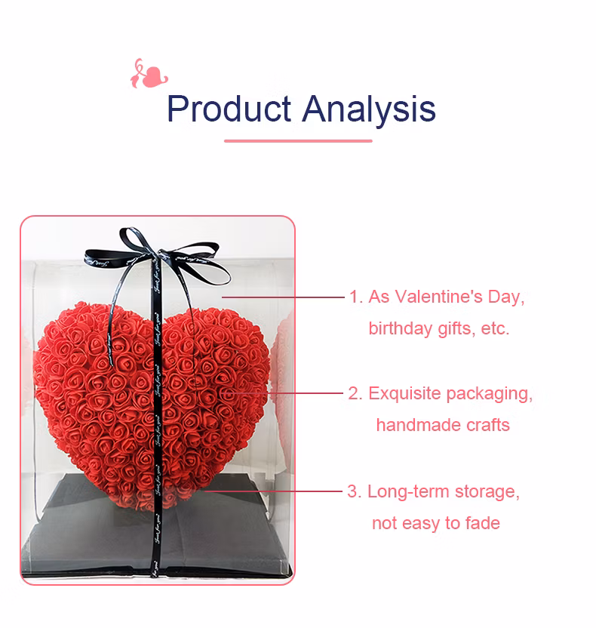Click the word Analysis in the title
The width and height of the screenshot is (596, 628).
click(x=369, y=109)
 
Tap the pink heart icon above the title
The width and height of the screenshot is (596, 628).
click(x=149, y=74)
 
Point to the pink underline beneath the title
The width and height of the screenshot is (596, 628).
click(x=298, y=140)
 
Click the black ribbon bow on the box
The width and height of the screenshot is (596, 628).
click(x=155, y=257)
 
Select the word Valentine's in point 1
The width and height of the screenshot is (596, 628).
click(x=444, y=297)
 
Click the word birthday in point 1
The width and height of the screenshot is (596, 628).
click(x=401, y=329)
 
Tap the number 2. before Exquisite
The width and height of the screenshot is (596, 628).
click(x=355, y=393)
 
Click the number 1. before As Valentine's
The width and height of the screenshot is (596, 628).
click(x=355, y=297)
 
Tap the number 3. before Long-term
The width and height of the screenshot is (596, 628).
click(x=355, y=491)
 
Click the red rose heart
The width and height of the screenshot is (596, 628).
click(x=151, y=400)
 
